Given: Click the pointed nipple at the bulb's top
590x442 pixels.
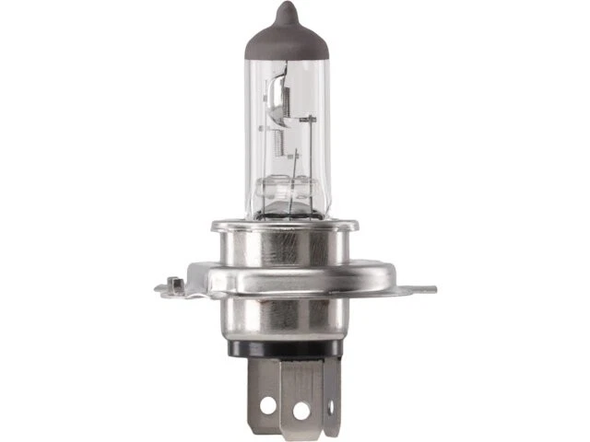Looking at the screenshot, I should (287, 12).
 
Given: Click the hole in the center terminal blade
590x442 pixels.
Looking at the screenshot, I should (300, 408).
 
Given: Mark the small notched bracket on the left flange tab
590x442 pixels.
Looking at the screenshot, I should (173, 284).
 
